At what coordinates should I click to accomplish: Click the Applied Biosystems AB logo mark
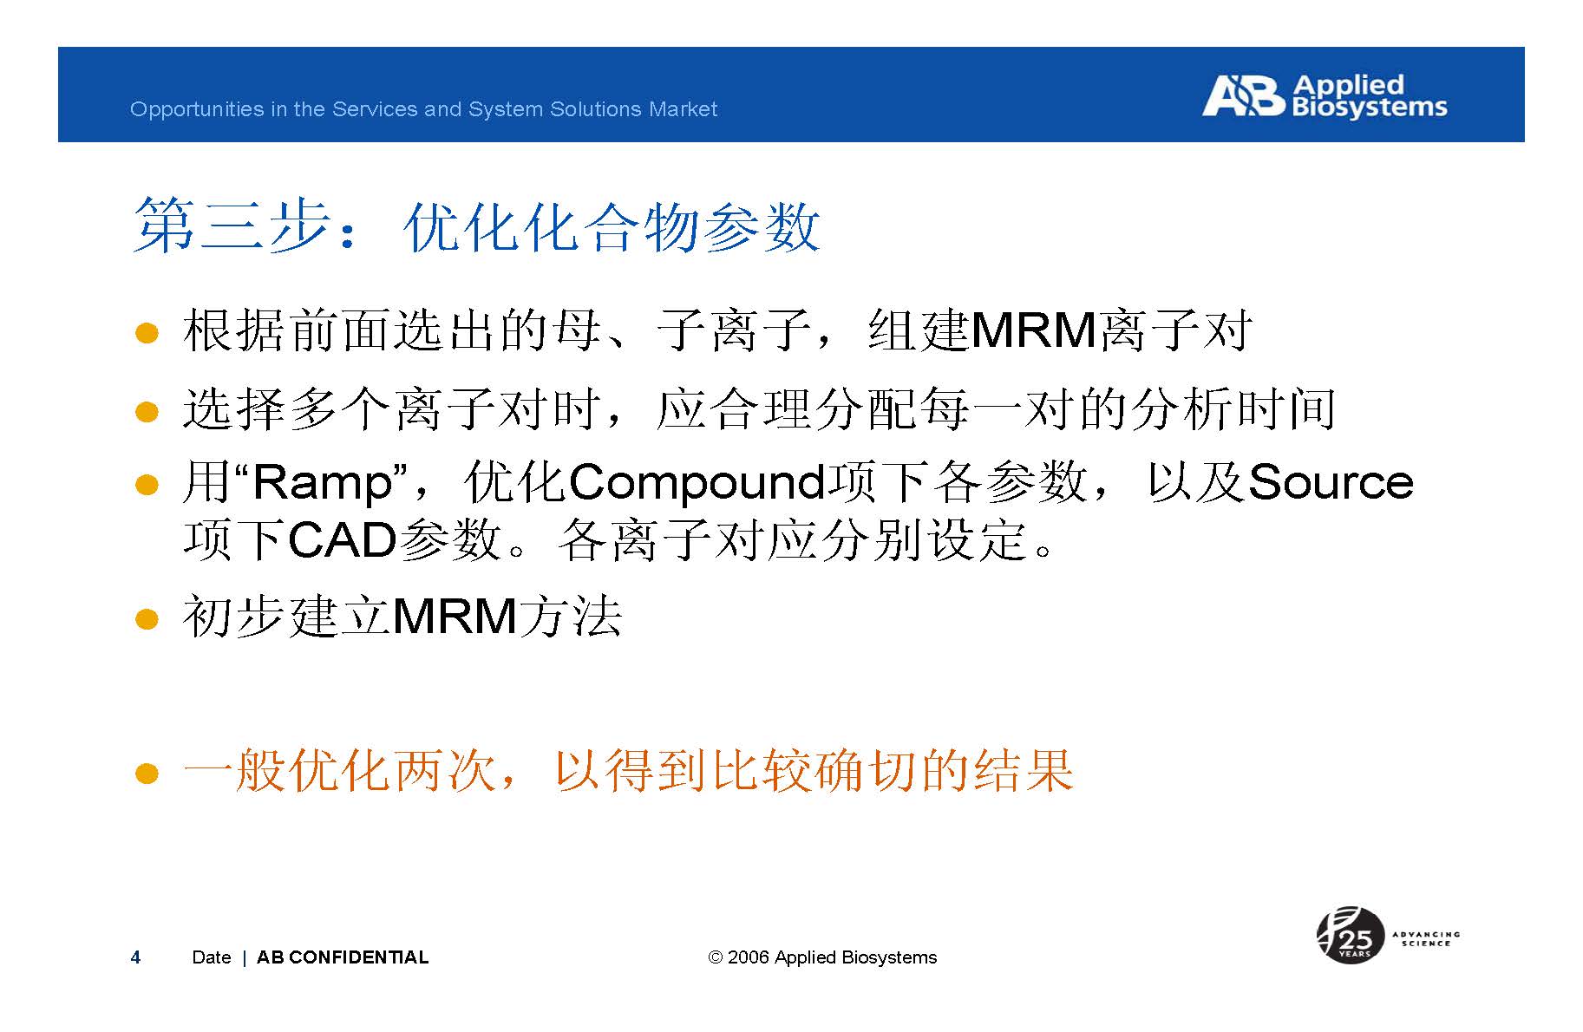click(x=1242, y=95)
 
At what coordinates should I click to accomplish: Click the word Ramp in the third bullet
click(x=323, y=483)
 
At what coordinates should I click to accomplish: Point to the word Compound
click(x=697, y=483)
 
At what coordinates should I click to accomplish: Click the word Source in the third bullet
click(x=1331, y=482)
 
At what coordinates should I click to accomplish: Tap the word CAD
click(x=342, y=541)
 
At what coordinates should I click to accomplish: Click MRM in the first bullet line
click(x=1034, y=330)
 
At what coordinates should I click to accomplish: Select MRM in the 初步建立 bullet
click(x=455, y=617)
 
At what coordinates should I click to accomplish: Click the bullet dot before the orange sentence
click(x=147, y=773)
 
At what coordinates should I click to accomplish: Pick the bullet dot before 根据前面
click(x=147, y=333)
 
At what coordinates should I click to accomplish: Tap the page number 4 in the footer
click(x=135, y=957)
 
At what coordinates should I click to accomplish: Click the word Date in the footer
click(x=212, y=957)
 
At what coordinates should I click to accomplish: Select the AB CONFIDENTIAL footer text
click(x=343, y=957)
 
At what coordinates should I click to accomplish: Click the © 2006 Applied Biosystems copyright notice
click(x=822, y=957)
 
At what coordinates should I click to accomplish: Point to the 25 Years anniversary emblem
click(x=1350, y=935)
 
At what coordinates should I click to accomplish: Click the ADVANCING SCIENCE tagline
click(x=1426, y=938)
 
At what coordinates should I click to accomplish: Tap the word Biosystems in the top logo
click(x=1370, y=108)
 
